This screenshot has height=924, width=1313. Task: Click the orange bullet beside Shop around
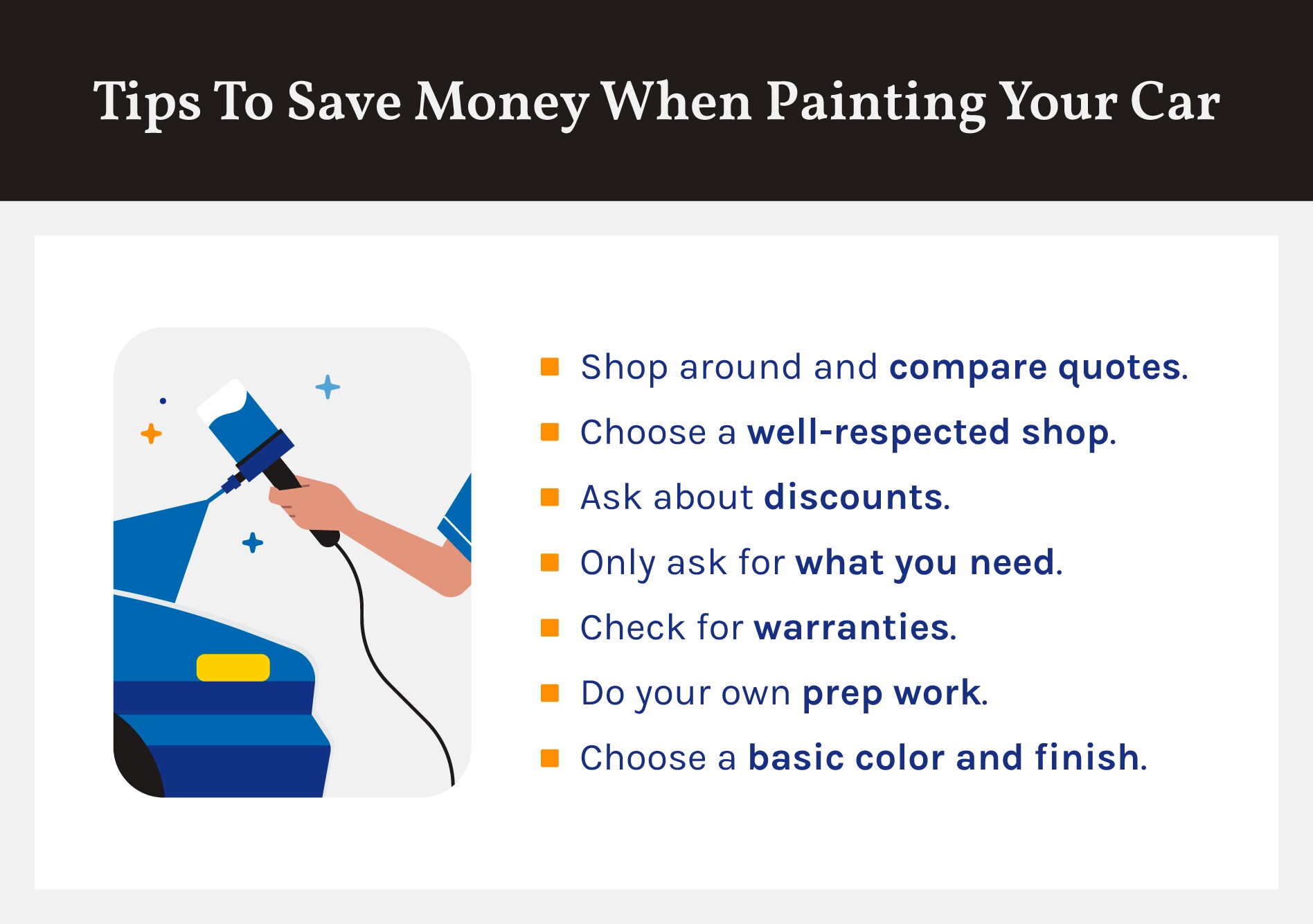pyautogui.click(x=550, y=366)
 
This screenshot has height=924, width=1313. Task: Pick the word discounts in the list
pyautogui.click(x=853, y=497)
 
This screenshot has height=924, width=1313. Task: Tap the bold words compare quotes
pyautogui.click(x=1035, y=368)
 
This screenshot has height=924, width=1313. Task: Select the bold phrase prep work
pyautogui.click(x=892, y=693)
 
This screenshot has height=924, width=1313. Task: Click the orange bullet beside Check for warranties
pyautogui.click(x=550, y=627)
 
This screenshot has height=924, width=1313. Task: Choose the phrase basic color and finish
pyautogui.click(x=944, y=758)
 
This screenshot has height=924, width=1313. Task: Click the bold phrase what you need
pyautogui.click(x=925, y=563)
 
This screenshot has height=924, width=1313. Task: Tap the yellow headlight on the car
pyautogui.click(x=233, y=667)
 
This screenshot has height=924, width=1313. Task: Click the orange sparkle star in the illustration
pyautogui.click(x=151, y=434)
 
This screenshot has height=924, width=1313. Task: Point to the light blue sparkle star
pyautogui.click(x=328, y=387)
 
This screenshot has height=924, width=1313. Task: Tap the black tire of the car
pyautogui.click(x=137, y=758)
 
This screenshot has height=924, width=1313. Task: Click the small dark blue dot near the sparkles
pyautogui.click(x=163, y=400)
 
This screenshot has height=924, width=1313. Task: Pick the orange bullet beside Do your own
pyautogui.click(x=550, y=693)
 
